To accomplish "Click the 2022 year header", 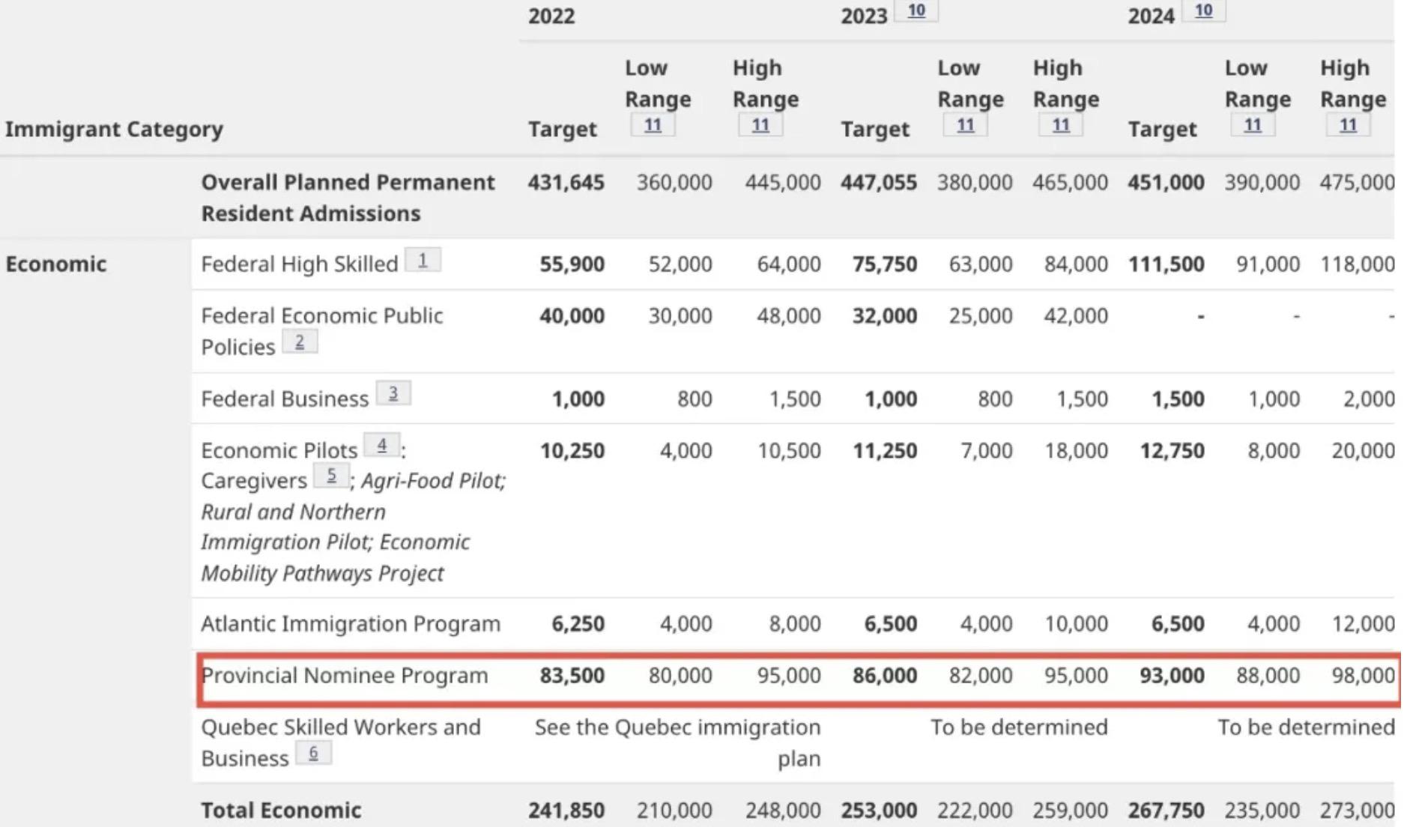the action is [x=551, y=16].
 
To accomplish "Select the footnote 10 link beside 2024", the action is [x=1203, y=10].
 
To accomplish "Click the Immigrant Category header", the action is [x=114, y=129].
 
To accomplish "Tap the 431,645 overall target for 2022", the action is [x=566, y=182].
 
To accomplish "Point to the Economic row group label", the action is [x=56, y=264].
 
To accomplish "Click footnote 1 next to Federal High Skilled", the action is [x=423, y=260].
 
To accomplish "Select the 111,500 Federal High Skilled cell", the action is [x=1166, y=264].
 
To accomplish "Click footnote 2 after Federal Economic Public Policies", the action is [x=300, y=342].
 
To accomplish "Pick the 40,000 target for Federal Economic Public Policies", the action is [x=572, y=315].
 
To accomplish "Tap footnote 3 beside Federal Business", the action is [x=393, y=393].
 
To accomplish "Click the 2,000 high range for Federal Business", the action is [x=1369, y=399].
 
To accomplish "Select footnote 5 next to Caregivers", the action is [x=331, y=476].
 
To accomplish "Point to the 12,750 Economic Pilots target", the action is [x=1172, y=450].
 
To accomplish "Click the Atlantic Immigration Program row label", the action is [x=351, y=623].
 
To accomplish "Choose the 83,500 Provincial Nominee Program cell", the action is [x=572, y=675].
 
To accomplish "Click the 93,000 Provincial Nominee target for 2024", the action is [x=1172, y=675].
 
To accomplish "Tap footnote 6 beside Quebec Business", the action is [x=313, y=753].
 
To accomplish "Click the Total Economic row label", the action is [x=281, y=810].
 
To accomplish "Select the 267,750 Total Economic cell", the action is [x=1166, y=810].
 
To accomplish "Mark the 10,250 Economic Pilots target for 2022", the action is [x=572, y=450].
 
